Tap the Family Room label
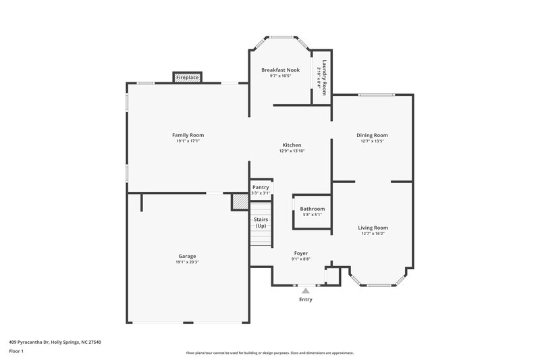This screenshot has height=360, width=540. point(188,135)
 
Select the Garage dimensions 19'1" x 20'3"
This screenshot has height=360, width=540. point(188,262)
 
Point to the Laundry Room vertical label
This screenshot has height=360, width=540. point(324,78)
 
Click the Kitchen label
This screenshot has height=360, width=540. point(292,145)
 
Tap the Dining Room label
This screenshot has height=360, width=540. point(372,135)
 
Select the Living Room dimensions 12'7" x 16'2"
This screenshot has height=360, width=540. point(373,234)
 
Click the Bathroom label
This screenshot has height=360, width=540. point(313,209)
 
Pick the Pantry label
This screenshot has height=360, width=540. point(261,188)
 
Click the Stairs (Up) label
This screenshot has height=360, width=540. point(261,222)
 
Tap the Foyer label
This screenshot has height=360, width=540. point(301,253)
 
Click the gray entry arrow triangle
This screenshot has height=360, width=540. point(305,290)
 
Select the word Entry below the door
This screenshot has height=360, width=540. point(305,299)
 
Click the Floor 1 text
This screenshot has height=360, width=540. point(17,351)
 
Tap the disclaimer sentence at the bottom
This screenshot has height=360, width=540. point(269,353)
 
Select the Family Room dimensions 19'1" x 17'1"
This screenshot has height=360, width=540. point(188,141)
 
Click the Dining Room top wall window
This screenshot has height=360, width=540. point(372,95)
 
